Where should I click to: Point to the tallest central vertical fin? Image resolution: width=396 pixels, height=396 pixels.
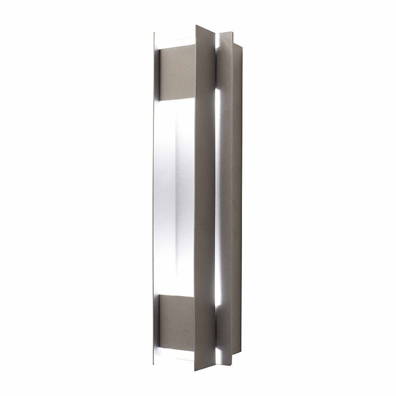(x=204, y=198)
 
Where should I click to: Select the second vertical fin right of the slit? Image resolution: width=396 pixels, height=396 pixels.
(x=226, y=198)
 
